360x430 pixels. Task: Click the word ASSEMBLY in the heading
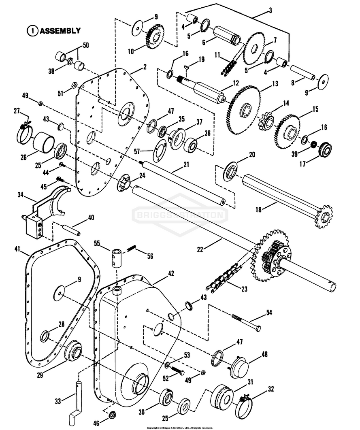click(60, 30)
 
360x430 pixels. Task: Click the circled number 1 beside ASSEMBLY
click(32, 30)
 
